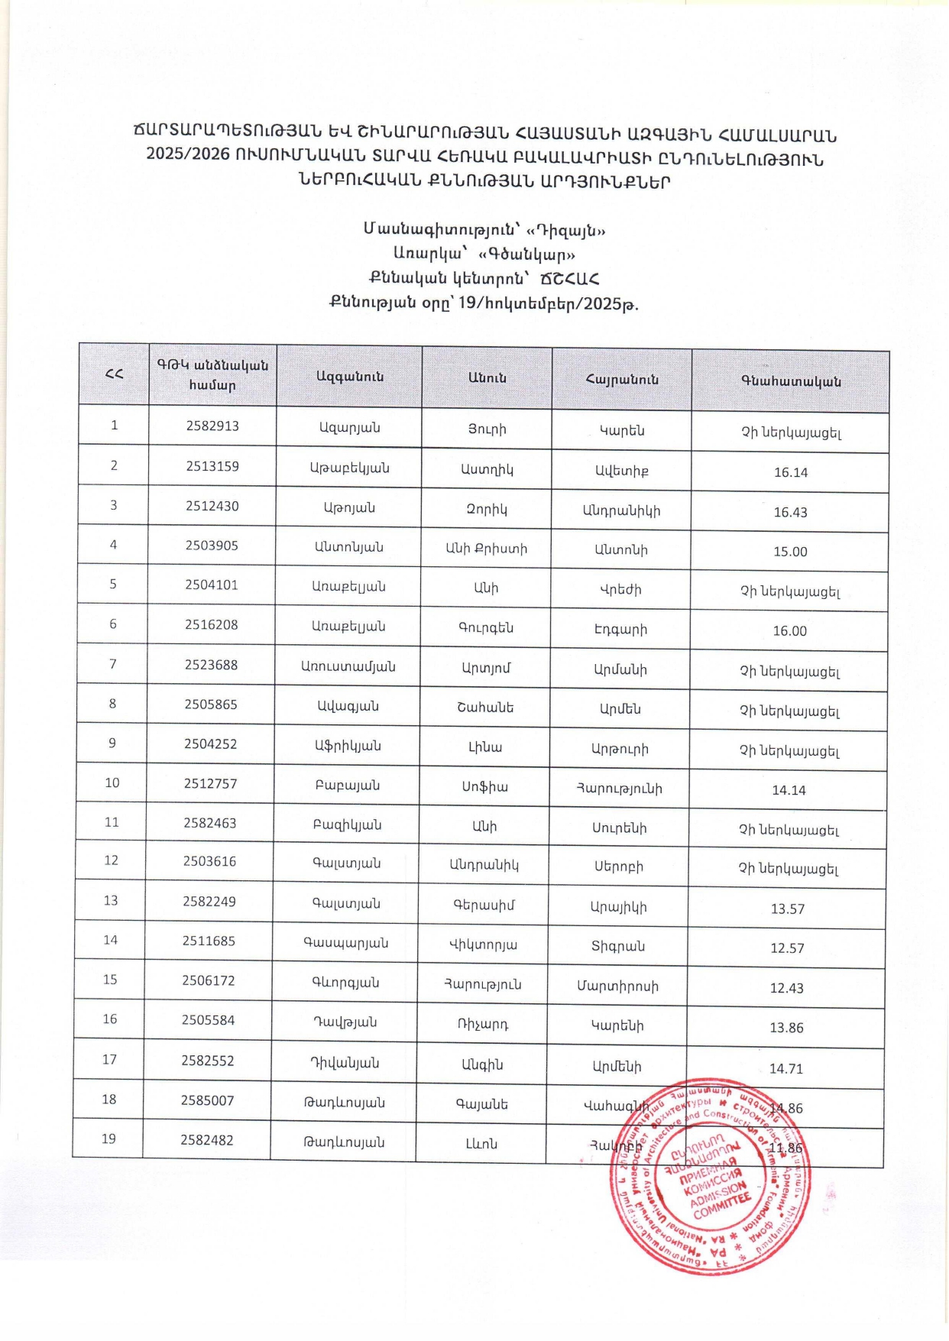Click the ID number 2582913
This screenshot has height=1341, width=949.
[212, 426]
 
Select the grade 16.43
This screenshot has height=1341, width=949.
[790, 512]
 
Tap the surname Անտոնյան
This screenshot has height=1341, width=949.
[348, 547]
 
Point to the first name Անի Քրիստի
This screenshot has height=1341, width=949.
[487, 548]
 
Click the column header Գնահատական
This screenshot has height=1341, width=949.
[791, 381]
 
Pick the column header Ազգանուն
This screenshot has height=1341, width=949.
[350, 376]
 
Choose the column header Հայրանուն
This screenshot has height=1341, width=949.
[622, 379]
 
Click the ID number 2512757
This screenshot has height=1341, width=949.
[210, 783]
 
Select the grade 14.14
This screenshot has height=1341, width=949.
[789, 790]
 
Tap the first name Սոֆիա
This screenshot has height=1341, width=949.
[484, 786]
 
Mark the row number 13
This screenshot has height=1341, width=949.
[111, 900]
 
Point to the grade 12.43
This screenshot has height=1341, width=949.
[786, 988]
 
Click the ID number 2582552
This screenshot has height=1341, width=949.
[208, 1061]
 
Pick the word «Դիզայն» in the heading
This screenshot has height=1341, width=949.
[562, 230]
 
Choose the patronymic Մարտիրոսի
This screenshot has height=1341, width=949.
[617, 986]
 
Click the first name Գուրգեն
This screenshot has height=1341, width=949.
[486, 628]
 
